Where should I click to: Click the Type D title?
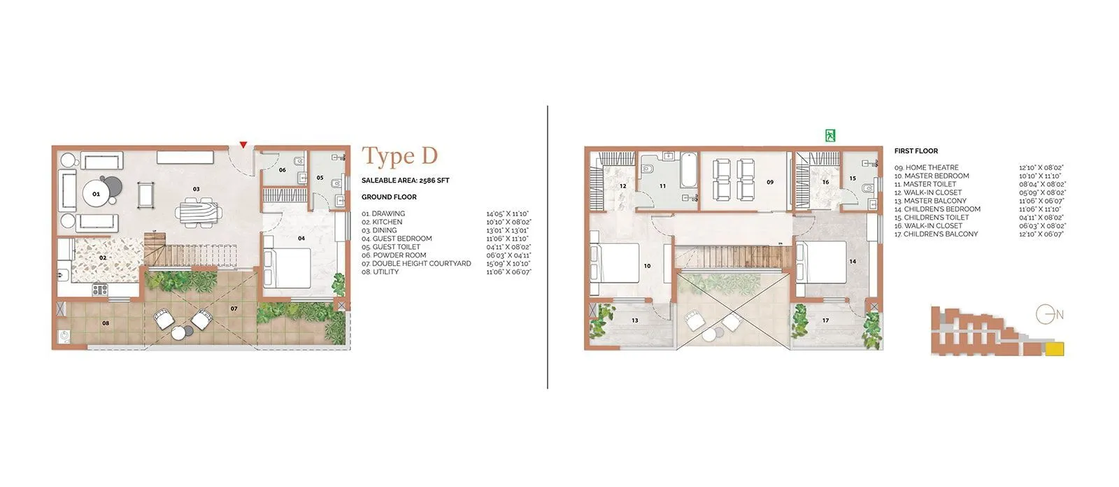pyautogui.click(x=399, y=157)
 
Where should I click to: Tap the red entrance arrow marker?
pyautogui.click(x=243, y=145)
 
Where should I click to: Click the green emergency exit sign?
pyautogui.click(x=830, y=136)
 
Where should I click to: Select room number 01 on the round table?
pyautogui.click(x=97, y=194)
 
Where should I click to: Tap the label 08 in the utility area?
pyautogui.click(x=106, y=323)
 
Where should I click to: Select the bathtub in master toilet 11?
pyautogui.click(x=689, y=171)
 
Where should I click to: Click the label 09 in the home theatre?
pyautogui.click(x=769, y=182)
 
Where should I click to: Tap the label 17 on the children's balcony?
pyautogui.click(x=825, y=320)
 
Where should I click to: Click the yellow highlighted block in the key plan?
pyautogui.click(x=1053, y=348)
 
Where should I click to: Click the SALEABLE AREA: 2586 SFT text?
pyautogui.click(x=405, y=181)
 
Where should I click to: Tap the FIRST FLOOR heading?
pyautogui.click(x=915, y=151)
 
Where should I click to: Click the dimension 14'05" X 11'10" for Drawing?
pyautogui.click(x=508, y=213)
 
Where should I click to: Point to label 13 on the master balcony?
pyautogui.click(x=634, y=320)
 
